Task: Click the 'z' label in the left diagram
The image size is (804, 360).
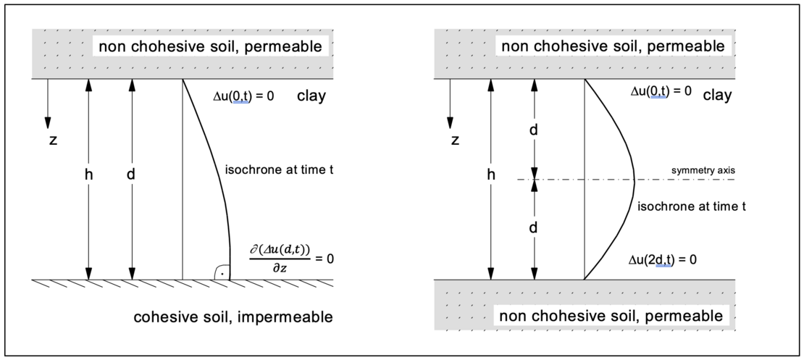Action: [53, 140]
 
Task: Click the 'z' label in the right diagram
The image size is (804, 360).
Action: [455, 140]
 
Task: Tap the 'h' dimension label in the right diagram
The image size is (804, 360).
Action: [490, 175]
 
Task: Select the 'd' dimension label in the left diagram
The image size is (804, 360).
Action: [130, 175]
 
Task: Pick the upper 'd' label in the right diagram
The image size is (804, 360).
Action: [534, 130]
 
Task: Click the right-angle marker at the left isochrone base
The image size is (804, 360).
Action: [223, 273]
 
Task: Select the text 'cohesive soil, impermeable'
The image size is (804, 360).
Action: [233, 317]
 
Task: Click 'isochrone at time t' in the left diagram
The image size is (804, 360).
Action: [278, 170]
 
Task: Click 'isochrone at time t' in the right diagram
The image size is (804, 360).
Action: [691, 206]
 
